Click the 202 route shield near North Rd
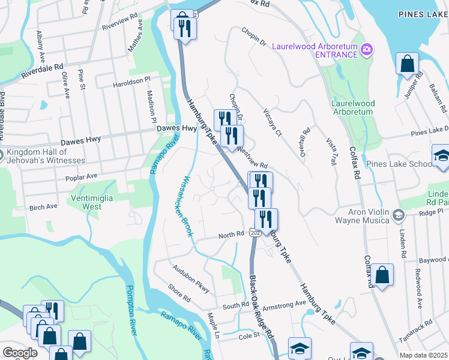[255, 232]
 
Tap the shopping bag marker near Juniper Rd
[407, 64]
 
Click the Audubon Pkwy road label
[190, 279]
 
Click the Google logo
[20, 353]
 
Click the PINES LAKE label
[423, 13]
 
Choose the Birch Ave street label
[43, 207]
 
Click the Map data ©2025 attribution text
[423, 355]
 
